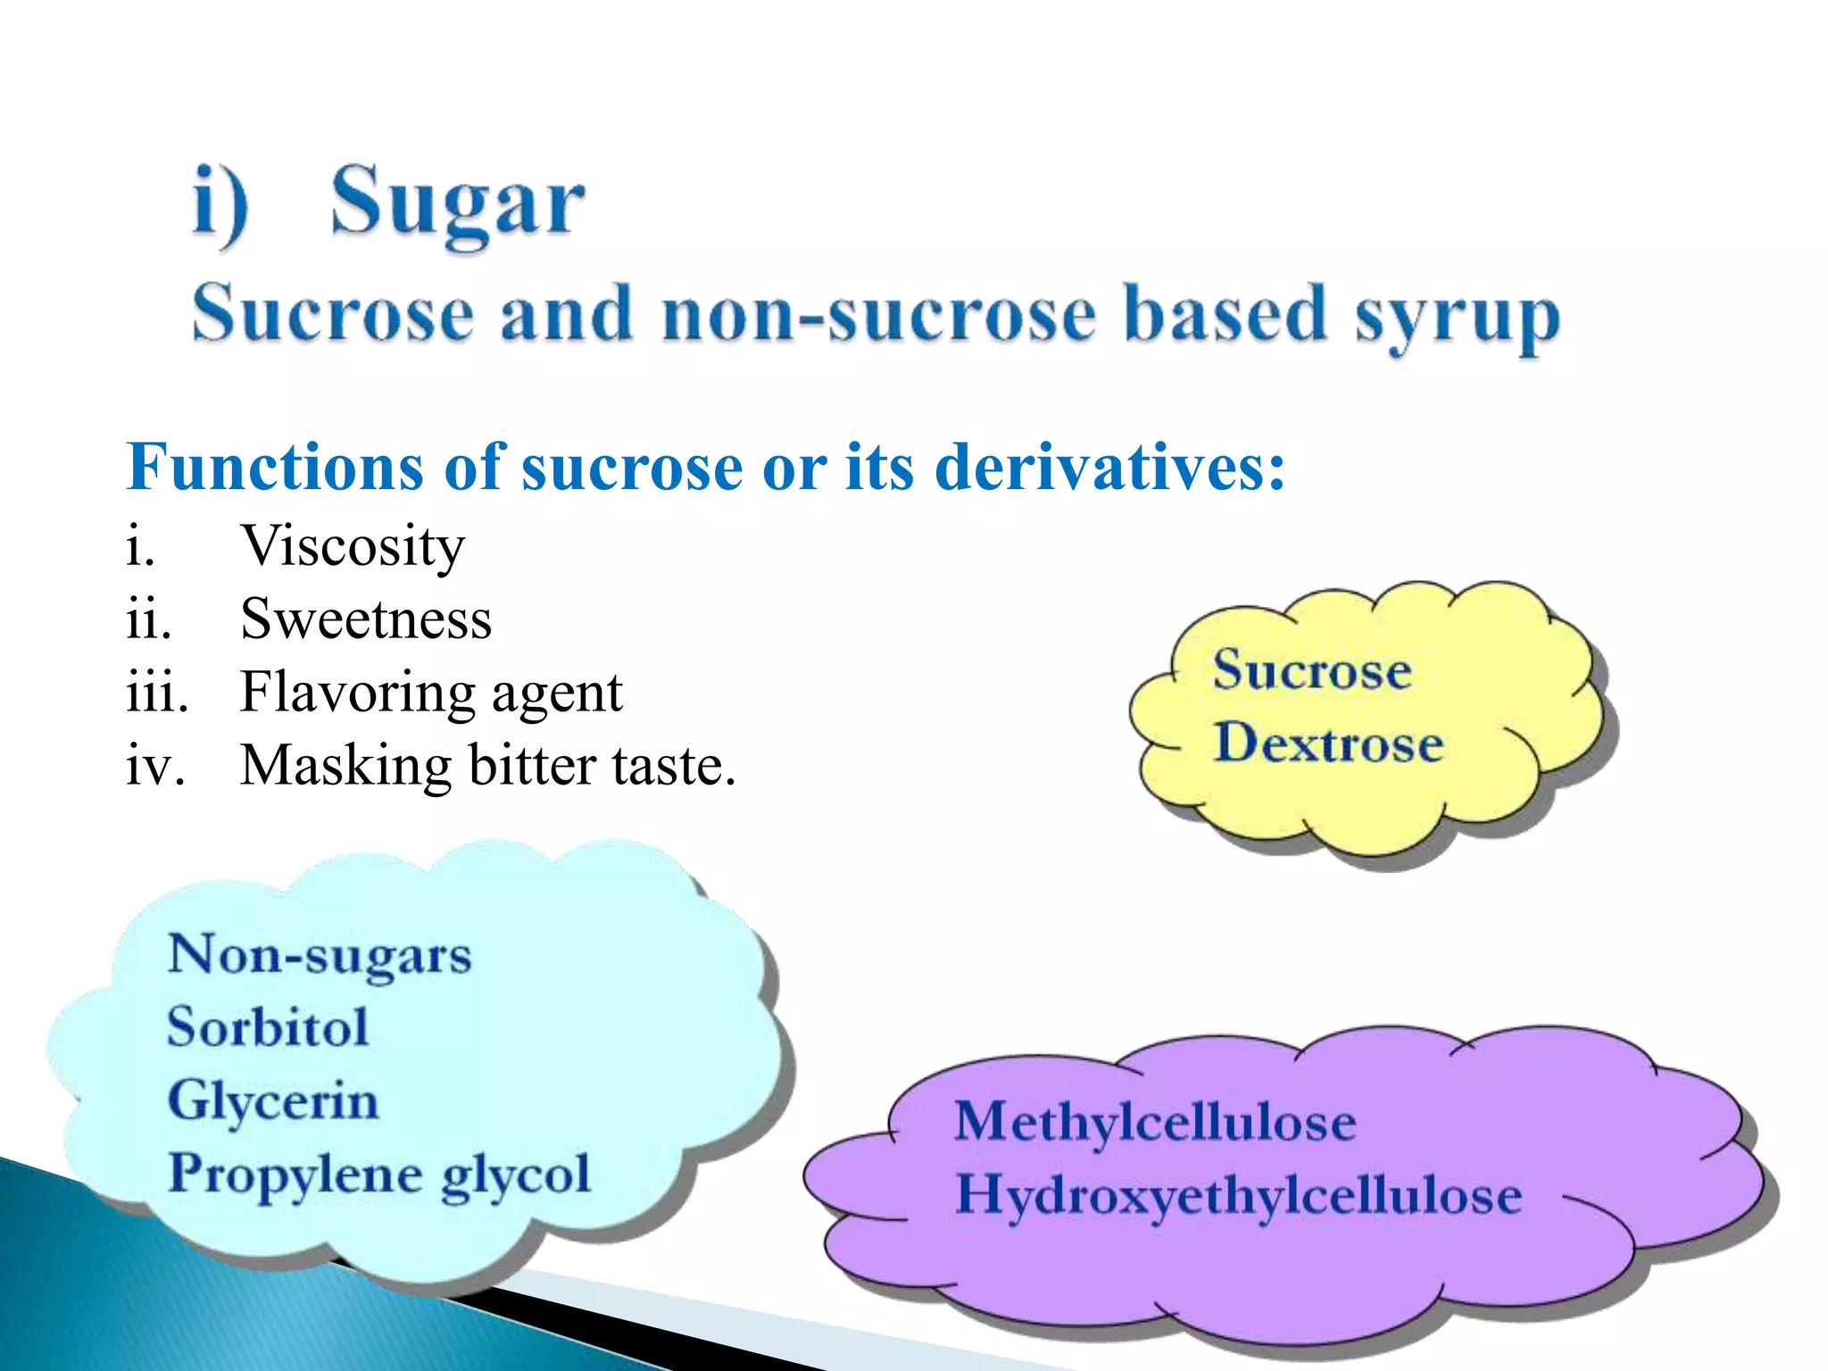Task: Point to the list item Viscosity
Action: pyautogui.click(x=353, y=545)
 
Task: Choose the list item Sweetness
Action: pyautogui.click(x=366, y=619)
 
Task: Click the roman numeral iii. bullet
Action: pyautogui.click(x=157, y=693)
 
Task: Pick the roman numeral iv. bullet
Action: pyautogui.click(x=155, y=766)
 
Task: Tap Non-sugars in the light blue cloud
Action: pyautogui.click(x=320, y=955)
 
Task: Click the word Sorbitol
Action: pyautogui.click(x=268, y=1026)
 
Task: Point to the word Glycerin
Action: pyautogui.click(x=273, y=1101)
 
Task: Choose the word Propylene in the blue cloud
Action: pyautogui.click(x=295, y=1175)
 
